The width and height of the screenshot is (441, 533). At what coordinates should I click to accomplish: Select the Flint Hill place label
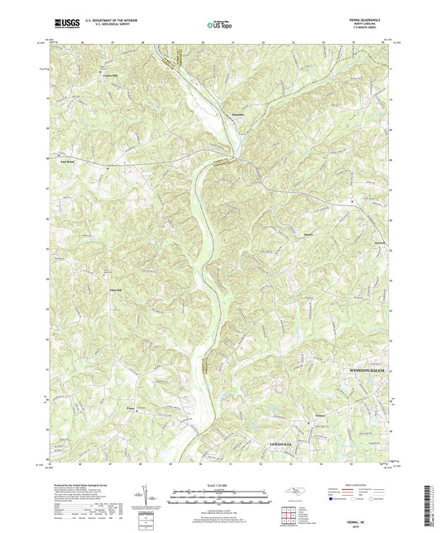click(x=93, y=291)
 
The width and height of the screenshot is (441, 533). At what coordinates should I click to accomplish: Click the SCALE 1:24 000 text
click(x=219, y=483)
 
